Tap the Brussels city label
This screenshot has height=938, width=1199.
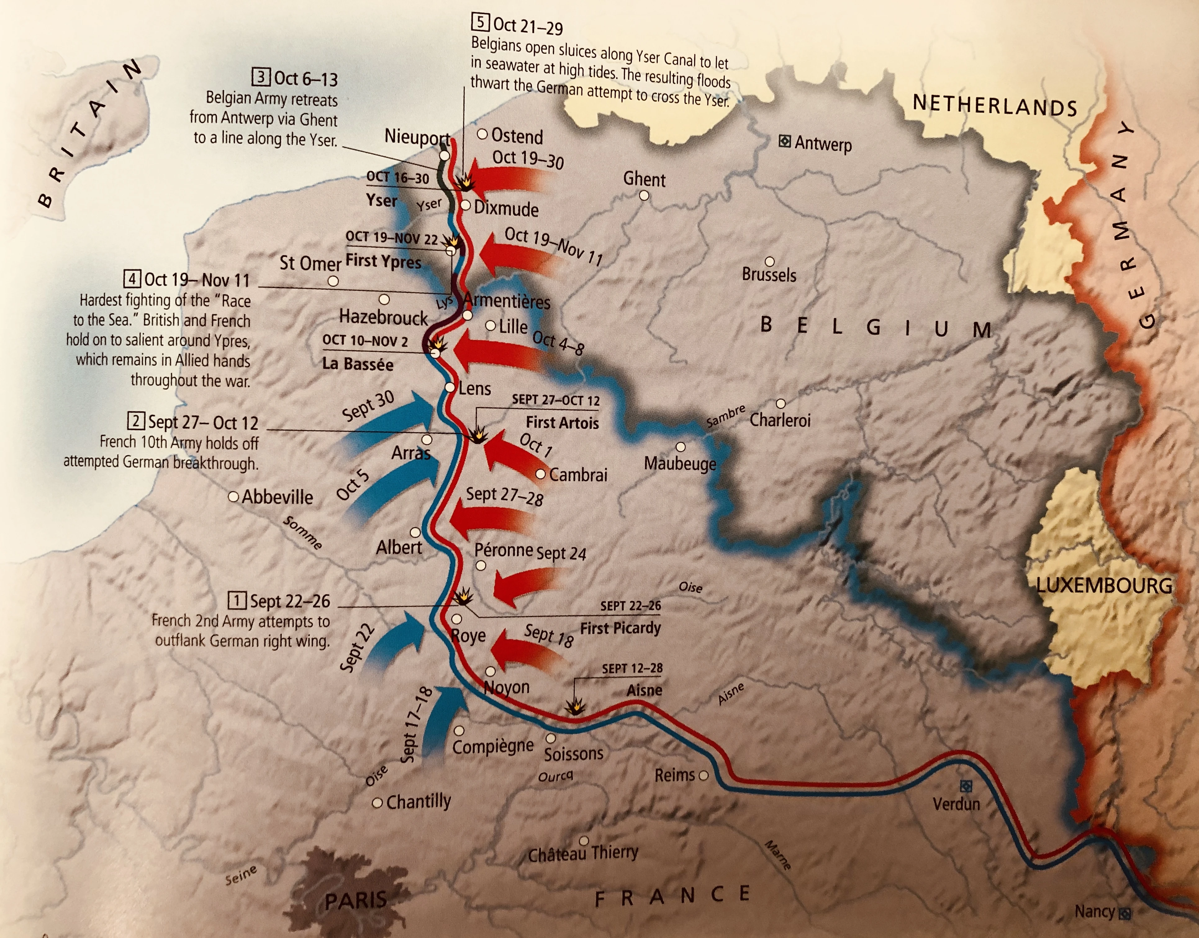pos(769,274)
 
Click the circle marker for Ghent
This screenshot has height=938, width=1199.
pos(644,196)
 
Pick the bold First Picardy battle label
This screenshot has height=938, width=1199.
pos(620,628)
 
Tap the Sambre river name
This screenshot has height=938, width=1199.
pos(726,417)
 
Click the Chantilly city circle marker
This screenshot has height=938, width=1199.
pos(377,803)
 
